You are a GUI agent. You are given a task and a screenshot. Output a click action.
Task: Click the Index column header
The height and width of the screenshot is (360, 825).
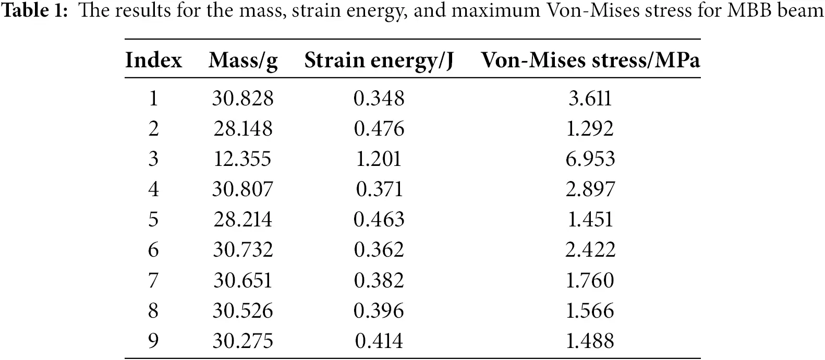click(x=153, y=61)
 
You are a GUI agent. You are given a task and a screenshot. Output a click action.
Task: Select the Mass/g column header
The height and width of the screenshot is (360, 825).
click(x=243, y=61)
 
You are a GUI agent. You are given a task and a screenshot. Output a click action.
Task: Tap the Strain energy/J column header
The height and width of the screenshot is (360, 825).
click(x=379, y=61)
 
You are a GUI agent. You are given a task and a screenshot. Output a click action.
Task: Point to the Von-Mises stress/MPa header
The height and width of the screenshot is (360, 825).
click(x=590, y=61)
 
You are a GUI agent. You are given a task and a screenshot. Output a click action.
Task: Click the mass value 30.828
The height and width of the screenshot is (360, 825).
click(x=242, y=98)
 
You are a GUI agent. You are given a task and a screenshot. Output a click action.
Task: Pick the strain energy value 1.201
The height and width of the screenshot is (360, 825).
click(x=379, y=159)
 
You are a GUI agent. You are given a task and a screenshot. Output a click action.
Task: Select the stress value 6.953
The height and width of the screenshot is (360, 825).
click(x=590, y=159)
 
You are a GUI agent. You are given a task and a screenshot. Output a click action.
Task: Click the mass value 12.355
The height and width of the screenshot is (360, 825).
click(x=242, y=159)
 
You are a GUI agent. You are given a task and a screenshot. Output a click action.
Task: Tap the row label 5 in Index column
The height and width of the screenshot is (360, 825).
click(x=153, y=219)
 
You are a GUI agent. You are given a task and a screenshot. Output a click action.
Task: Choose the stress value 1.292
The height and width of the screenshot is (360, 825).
click(x=590, y=128)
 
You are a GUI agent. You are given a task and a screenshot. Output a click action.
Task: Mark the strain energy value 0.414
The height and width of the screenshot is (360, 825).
click(x=379, y=341)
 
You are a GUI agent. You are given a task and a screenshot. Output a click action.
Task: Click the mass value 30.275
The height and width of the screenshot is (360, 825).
click(x=242, y=341)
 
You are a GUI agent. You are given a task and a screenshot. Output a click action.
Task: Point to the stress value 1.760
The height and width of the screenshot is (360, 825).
click(x=590, y=280)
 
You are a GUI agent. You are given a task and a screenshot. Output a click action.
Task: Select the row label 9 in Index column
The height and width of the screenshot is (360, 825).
click(x=153, y=341)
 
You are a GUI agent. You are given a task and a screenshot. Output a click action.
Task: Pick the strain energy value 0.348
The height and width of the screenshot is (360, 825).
click(x=379, y=98)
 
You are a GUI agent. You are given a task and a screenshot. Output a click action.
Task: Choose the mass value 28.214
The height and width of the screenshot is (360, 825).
click(x=242, y=219)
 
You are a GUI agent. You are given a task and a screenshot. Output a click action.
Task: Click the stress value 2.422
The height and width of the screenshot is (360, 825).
click(x=590, y=250)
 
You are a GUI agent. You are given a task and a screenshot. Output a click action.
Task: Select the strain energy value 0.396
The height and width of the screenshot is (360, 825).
click(x=379, y=310)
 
